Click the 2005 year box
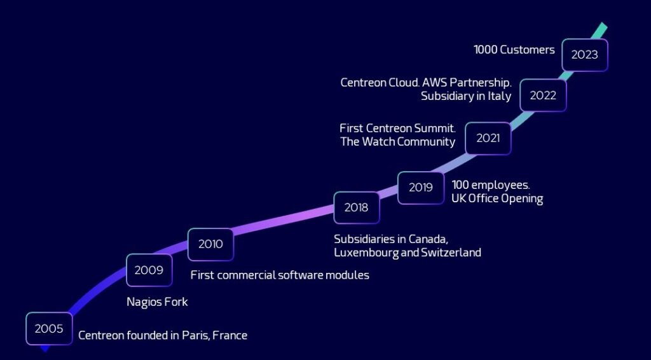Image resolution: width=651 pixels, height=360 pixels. [x=49, y=328]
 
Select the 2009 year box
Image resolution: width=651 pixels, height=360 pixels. [x=149, y=270]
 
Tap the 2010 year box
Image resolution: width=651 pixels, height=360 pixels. [x=210, y=244]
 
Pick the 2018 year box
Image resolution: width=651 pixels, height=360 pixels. [x=356, y=207]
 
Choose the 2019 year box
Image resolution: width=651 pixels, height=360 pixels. [x=421, y=188]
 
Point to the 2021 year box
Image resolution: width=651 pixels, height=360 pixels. [x=488, y=138]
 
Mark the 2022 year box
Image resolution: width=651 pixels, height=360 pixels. [x=543, y=95]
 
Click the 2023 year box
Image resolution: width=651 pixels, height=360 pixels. [x=585, y=55]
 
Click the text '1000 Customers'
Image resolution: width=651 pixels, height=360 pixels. [x=514, y=50]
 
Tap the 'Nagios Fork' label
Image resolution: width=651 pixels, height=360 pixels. [x=157, y=302]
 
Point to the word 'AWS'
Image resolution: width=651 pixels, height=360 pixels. [x=434, y=82]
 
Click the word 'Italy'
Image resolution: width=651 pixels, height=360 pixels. [x=500, y=96]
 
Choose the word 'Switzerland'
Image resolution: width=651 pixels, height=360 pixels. [x=451, y=253]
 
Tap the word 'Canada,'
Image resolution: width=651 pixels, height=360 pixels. [x=428, y=239]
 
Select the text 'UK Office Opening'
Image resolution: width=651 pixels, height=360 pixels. [x=497, y=198]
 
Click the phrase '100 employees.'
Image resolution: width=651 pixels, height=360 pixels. [x=491, y=185]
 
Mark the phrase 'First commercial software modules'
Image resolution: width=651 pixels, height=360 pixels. [x=280, y=275]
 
